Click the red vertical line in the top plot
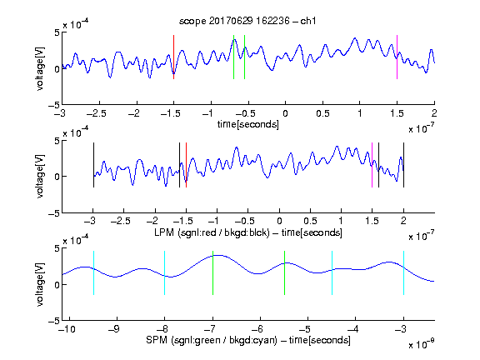[x=173, y=57]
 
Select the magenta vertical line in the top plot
[x=397, y=57]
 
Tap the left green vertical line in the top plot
[x=233, y=57]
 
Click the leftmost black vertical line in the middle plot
[x=93, y=165]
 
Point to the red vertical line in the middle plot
[x=186, y=165]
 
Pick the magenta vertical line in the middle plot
[x=372, y=165]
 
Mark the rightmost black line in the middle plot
[x=403, y=165]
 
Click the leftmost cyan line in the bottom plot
[x=93, y=272]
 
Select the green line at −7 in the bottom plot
[x=212, y=272]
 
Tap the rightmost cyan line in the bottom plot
[x=403, y=272]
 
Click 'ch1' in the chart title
[x=308, y=21]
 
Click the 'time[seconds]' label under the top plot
[x=248, y=124]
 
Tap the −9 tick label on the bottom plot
[x=114, y=329]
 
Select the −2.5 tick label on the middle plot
[x=121, y=221]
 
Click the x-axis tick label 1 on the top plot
[x=360, y=113]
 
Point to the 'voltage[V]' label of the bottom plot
[x=40, y=284]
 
